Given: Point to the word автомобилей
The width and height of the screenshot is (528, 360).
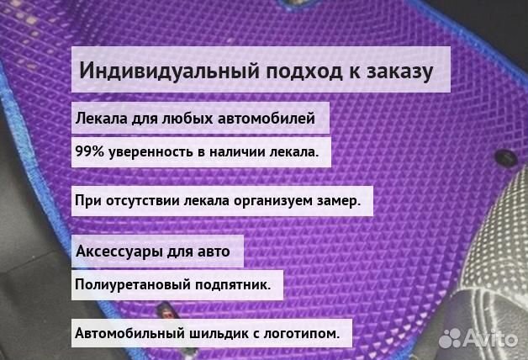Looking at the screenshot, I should click(267, 119).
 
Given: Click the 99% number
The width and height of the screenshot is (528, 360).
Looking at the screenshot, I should click(89, 151).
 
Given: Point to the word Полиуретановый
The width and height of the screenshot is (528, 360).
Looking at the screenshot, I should click(131, 285).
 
